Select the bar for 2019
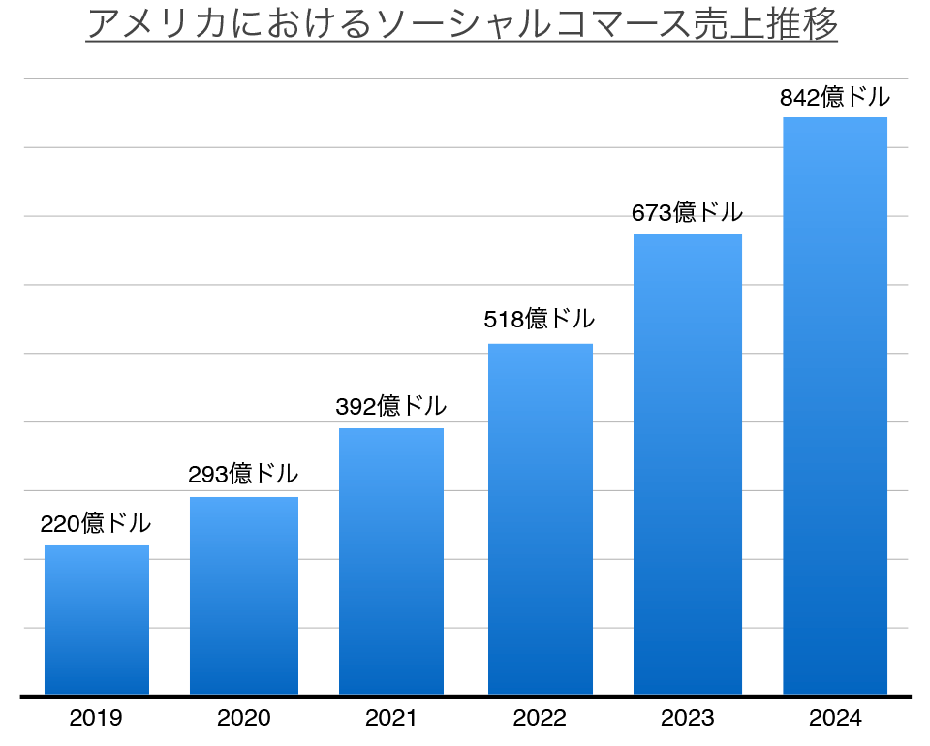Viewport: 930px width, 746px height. [97, 620]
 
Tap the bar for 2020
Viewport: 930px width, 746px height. [244, 596]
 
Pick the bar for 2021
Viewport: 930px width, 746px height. [391, 562]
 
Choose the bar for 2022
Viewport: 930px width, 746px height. [541, 519]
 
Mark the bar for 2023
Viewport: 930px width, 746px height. [688, 465]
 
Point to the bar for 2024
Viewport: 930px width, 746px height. [835, 407]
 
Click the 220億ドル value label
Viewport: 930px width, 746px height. [96, 524]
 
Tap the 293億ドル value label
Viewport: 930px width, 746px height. [243, 475]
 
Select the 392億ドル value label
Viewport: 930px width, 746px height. [391, 406]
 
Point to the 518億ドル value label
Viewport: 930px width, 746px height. [540, 319]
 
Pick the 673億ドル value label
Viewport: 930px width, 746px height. [688, 212]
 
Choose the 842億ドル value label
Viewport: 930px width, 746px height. [835, 97]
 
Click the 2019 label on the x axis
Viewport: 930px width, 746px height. [96, 719]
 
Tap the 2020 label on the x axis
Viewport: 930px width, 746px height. [244, 719]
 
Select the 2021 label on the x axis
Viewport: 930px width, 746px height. [391, 719]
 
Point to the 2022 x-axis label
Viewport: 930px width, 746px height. [540, 719]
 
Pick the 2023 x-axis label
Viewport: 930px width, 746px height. [688, 719]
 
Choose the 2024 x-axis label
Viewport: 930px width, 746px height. [835, 719]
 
